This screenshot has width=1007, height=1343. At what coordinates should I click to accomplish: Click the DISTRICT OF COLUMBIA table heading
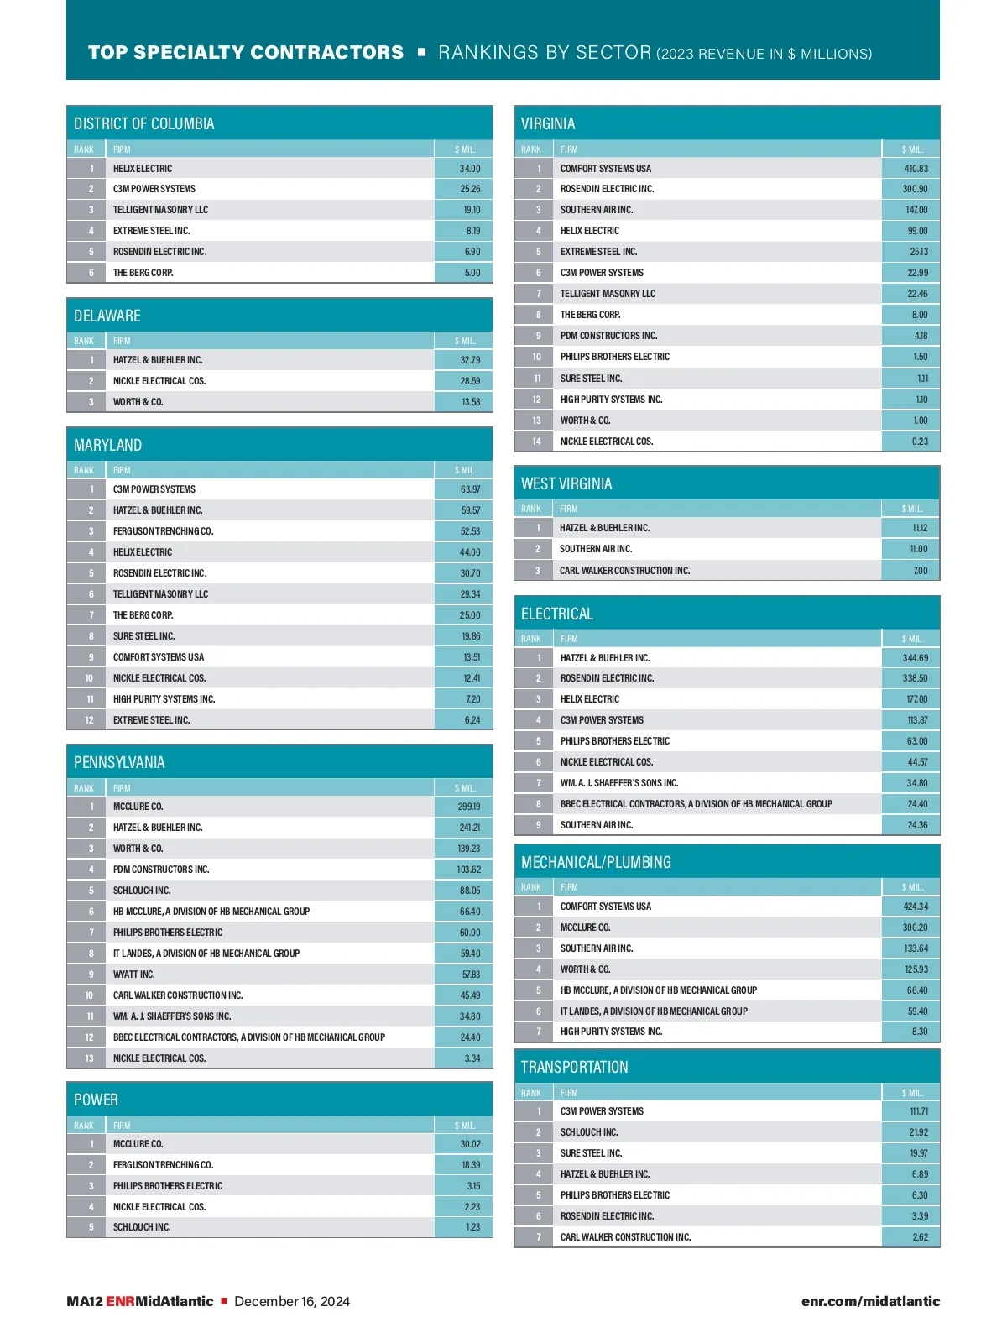tap(143, 124)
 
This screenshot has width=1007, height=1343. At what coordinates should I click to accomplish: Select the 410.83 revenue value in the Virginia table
tap(916, 169)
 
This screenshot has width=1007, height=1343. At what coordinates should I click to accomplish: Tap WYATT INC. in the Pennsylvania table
tap(133, 975)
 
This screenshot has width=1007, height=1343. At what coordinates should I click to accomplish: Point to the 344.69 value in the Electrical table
tap(915, 658)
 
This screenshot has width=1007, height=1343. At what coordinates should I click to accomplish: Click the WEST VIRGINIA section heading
tap(566, 484)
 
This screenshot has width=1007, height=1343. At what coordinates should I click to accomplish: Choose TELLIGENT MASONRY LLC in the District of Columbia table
tap(160, 210)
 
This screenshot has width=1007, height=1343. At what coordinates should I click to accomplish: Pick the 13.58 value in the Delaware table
tap(471, 402)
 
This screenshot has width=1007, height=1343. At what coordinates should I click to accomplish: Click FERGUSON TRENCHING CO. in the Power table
tap(163, 1165)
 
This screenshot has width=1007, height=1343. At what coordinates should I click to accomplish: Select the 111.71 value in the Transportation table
tap(919, 1111)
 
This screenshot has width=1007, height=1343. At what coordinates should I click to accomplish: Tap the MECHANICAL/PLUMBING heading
tap(596, 863)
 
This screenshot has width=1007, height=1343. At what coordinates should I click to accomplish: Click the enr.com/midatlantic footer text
tap(870, 1301)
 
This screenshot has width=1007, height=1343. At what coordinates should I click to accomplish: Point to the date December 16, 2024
tap(292, 1301)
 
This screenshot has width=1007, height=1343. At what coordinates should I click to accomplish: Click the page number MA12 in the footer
tap(84, 1301)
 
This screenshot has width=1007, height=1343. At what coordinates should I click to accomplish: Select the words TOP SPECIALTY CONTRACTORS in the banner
tap(246, 53)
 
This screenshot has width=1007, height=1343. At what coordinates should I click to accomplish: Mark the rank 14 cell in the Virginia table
tap(536, 442)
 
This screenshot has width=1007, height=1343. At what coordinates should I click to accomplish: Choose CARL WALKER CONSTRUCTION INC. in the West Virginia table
tap(624, 571)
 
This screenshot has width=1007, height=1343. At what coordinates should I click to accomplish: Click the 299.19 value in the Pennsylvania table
tap(469, 807)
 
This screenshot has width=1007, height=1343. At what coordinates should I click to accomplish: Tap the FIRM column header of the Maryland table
tap(122, 470)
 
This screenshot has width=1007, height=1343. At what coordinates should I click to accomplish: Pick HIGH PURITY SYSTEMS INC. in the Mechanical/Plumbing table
tap(611, 1032)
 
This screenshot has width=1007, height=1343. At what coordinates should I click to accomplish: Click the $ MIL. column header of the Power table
tap(465, 1126)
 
